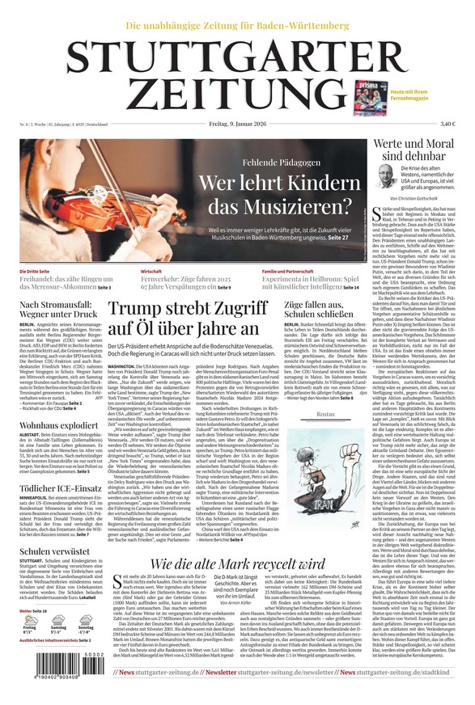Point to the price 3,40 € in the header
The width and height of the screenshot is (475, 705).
447,124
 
